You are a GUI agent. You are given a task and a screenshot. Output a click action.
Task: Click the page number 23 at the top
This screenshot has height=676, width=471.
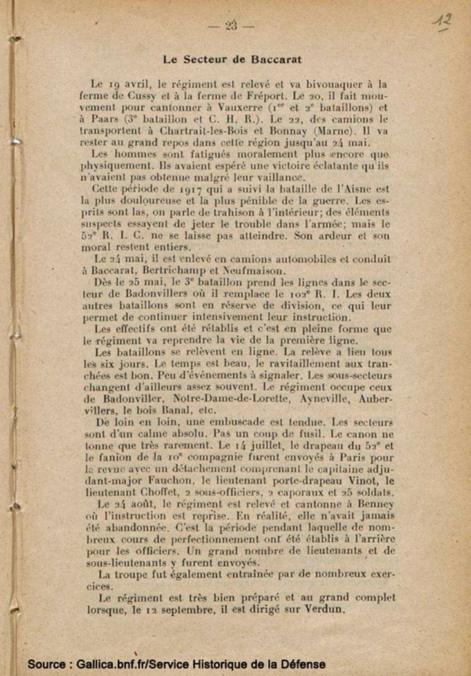click(231, 26)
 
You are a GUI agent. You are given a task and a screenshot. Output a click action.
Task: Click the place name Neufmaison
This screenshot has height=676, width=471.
click(252, 271)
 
